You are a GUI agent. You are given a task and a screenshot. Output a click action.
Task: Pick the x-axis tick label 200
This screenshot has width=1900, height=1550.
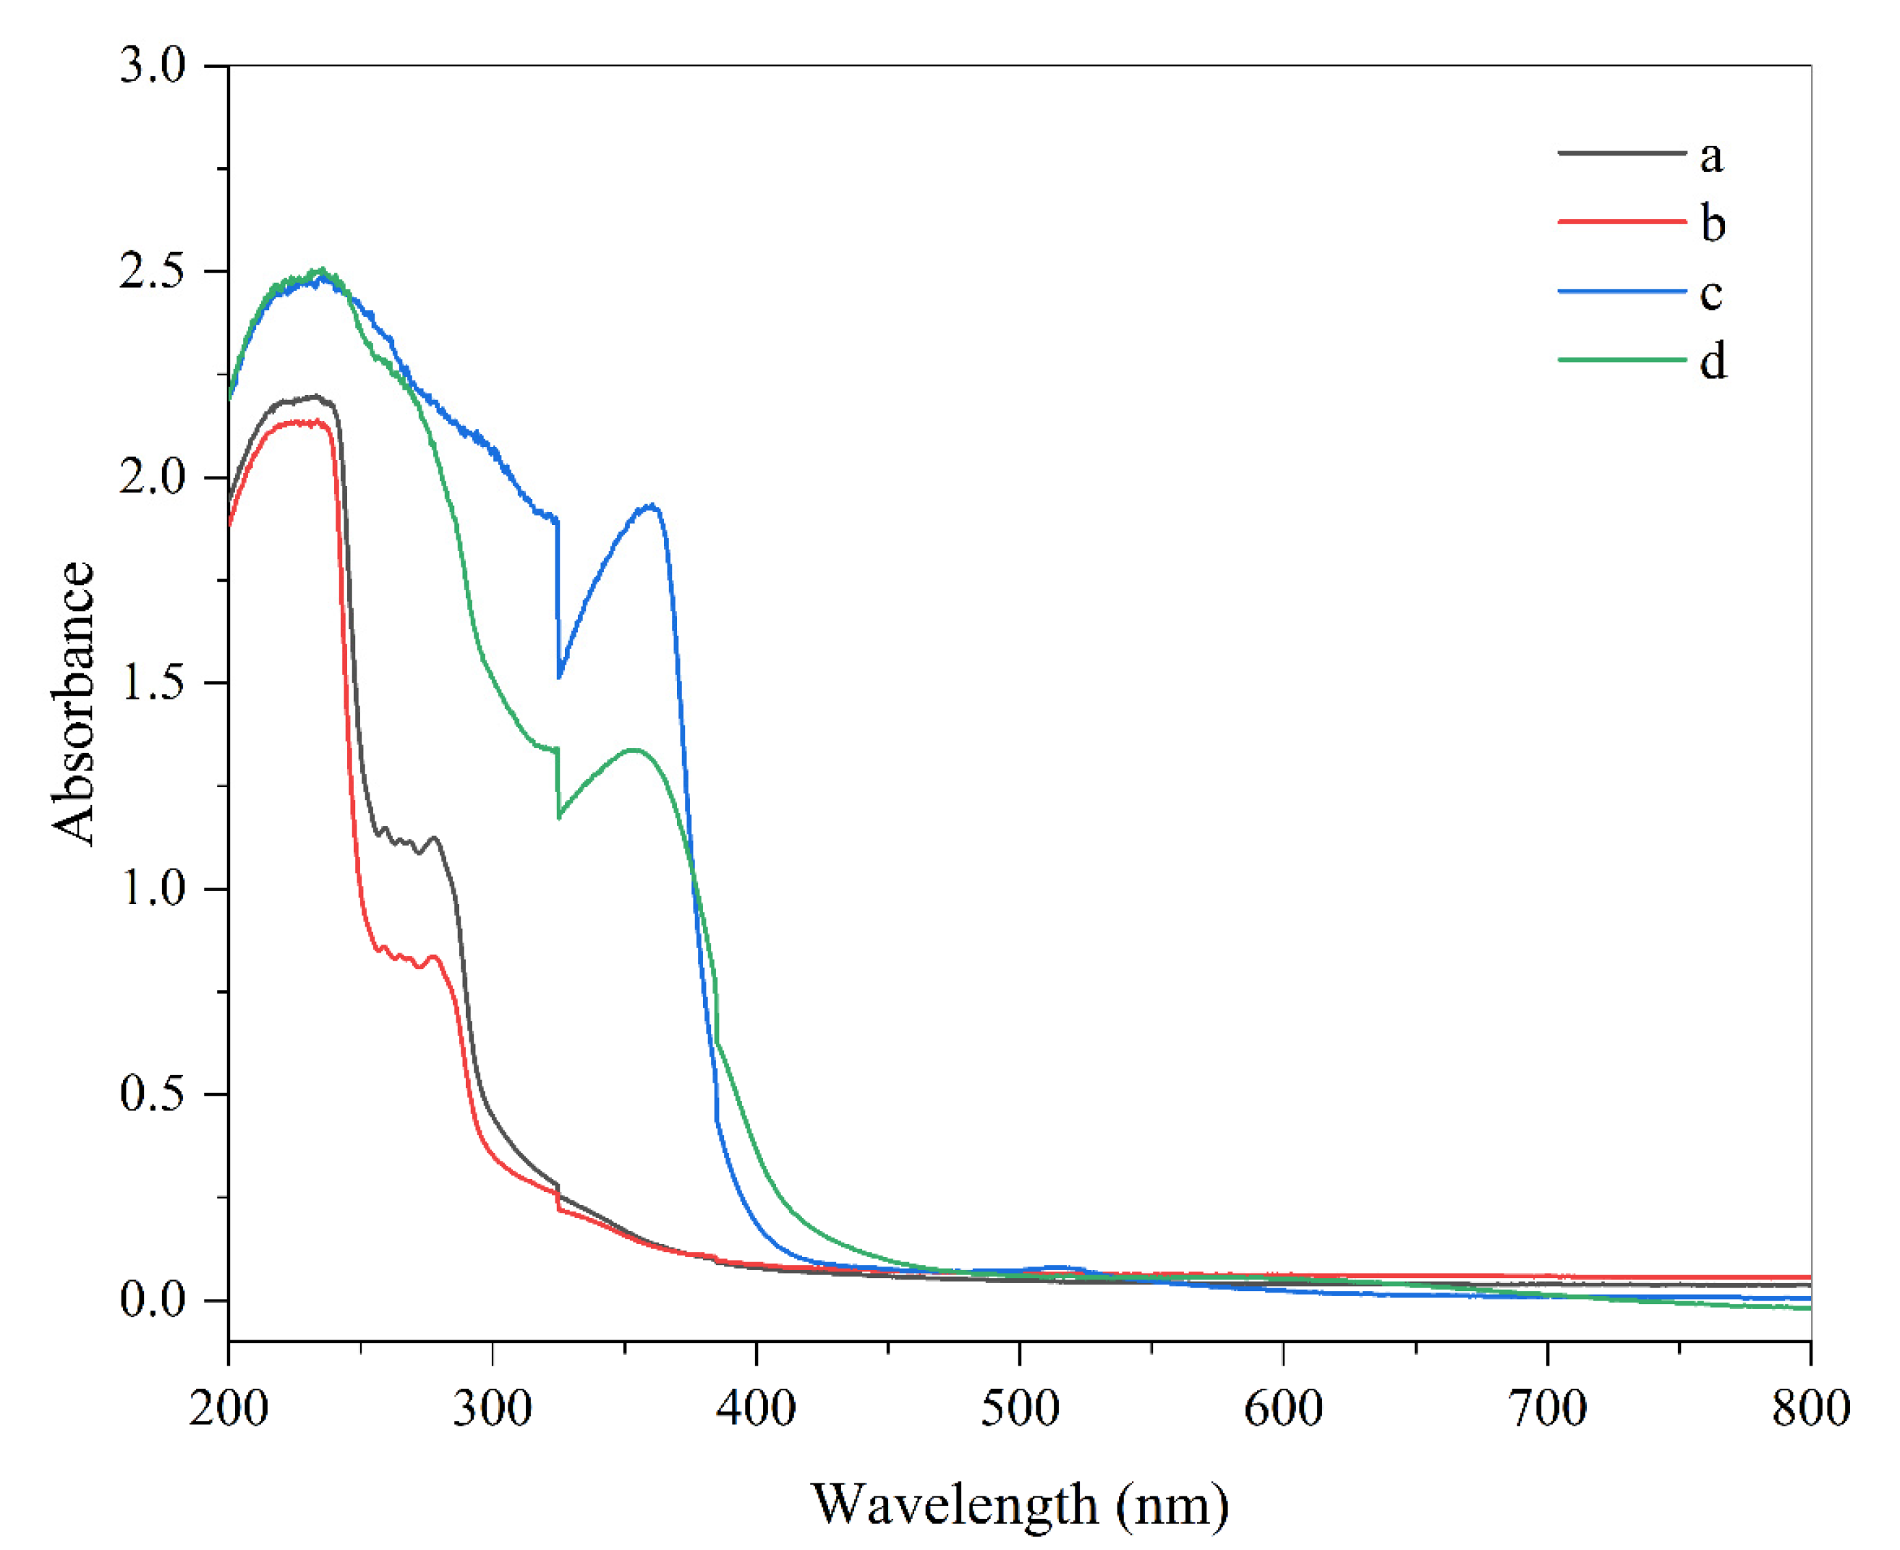pyautogui.click(x=229, y=1410)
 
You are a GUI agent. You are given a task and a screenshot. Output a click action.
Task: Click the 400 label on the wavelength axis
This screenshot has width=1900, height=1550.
pyautogui.click(x=757, y=1410)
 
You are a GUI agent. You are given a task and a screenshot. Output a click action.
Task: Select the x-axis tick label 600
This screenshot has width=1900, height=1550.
pyautogui.click(x=1283, y=1410)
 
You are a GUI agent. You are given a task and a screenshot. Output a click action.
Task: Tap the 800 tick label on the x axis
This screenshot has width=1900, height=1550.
pyautogui.click(x=1810, y=1410)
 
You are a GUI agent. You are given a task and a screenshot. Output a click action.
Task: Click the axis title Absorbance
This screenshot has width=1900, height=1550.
pyautogui.click(x=73, y=703)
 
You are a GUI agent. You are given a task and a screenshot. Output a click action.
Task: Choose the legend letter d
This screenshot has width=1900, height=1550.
pyautogui.click(x=1713, y=361)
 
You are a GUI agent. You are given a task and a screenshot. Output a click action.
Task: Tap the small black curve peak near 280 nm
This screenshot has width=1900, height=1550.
pyautogui.click(x=435, y=838)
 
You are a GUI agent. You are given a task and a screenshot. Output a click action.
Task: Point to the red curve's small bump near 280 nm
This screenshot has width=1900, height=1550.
pyautogui.click(x=435, y=956)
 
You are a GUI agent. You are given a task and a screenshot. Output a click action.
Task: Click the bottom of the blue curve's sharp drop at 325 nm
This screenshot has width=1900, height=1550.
pyautogui.click(x=560, y=677)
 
